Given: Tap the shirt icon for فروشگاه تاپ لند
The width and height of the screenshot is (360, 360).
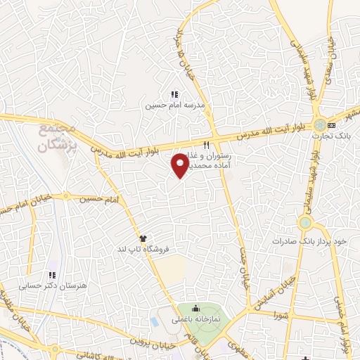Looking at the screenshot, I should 143,238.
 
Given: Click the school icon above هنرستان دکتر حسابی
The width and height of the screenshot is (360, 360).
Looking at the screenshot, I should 51,275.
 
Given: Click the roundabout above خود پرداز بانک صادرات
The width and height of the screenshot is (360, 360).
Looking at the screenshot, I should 305,223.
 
